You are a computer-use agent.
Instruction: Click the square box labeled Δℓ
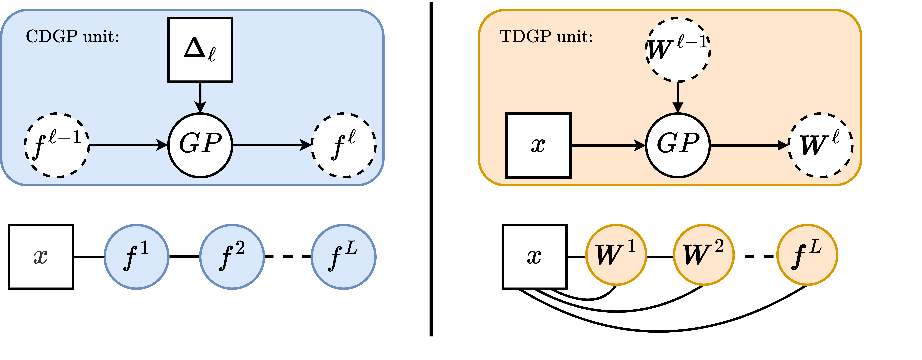click(200, 50)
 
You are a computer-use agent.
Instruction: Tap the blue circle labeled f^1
click(136, 257)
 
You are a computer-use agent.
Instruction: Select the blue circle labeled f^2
click(232, 257)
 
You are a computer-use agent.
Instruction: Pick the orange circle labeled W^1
click(616, 255)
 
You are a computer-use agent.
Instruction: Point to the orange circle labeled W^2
click(704, 255)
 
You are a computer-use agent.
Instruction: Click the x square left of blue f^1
click(41, 257)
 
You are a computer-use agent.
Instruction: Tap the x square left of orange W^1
click(534, 257)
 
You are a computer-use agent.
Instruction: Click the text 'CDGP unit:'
click(72, 36)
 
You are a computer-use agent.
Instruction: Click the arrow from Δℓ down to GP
click(200, 97)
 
